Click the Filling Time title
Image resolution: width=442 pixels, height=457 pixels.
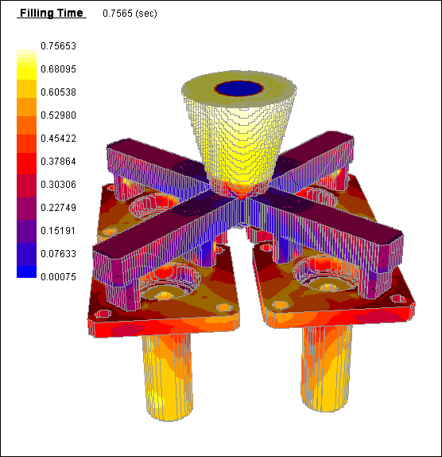(x=52, y=13)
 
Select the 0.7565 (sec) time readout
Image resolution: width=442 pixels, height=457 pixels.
(x=130, y=14)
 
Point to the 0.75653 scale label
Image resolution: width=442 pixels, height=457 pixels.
(x=58, y=46)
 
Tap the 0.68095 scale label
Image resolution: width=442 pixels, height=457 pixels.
(x=58, y=69)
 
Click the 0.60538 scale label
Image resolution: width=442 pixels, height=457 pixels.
(x=58, y=92)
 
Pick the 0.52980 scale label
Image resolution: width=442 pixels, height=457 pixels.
(x=58, y=115)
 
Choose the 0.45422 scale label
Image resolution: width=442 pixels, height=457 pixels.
(x=58, y=139)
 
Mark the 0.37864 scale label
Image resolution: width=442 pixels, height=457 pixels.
(x=58, y=161)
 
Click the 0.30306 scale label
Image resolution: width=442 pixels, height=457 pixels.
(x=58, y=185)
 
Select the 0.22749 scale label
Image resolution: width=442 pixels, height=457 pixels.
(x=58, y=208)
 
